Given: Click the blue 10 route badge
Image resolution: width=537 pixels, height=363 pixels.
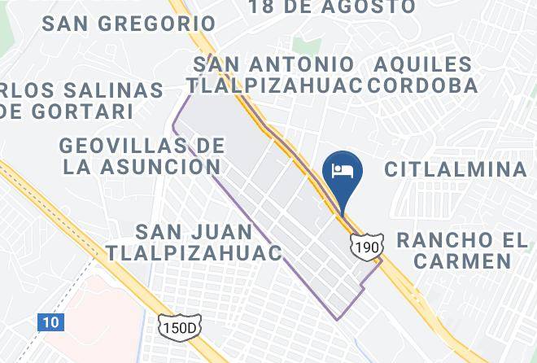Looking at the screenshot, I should pyautogui.click(x=50, y=322).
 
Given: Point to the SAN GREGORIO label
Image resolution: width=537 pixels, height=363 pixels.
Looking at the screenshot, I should pyautogui.click(x=129, y=24).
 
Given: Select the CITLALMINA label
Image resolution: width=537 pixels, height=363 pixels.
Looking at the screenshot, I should pyautogui.click(x=456, y=169).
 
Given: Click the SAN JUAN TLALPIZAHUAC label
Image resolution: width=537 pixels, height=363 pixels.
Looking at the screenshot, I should pyautogui.click(x=194, y=242).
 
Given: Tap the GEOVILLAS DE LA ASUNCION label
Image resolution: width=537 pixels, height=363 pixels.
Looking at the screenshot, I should pyautogui.click(x=142, y=156).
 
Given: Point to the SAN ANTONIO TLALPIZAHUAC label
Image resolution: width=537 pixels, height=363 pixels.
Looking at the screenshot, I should pyautogui.click(x=275, y=75).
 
